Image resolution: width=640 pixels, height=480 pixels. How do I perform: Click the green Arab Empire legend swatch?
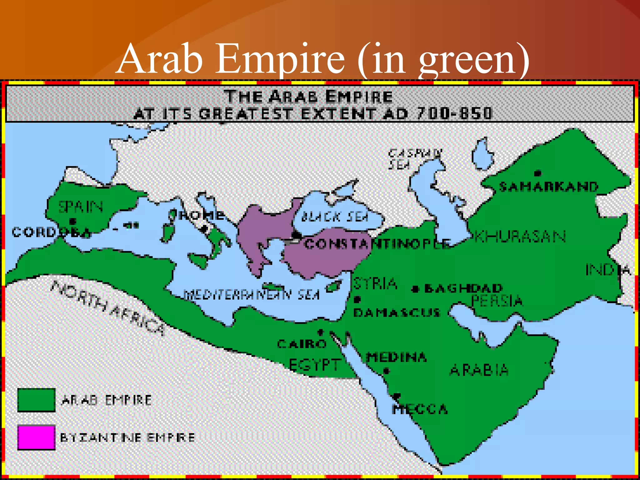[x=36, y=400]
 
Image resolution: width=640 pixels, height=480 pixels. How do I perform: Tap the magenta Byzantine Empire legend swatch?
[x=36, y=437]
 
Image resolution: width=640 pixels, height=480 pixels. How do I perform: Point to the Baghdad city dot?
[x=415, y=289]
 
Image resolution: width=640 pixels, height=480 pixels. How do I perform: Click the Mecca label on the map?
[x=420, y=409]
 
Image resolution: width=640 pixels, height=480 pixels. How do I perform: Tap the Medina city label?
[x=396, y=357]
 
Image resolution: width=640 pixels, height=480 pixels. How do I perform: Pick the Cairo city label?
[x=302, y=344]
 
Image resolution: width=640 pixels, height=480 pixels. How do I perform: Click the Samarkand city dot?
[x=537, y=173]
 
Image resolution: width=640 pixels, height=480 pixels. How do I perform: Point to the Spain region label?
[x=81, y=207]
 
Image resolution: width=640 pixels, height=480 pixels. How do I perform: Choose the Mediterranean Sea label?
[x=252, y=294]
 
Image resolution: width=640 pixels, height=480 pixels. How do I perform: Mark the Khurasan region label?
[x=520, y=237]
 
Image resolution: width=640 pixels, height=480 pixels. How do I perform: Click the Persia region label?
[x=497, y=301]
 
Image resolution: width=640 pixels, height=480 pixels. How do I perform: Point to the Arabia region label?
[x=479, y=370]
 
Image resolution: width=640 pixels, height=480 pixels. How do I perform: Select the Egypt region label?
[x=314, y=365]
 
